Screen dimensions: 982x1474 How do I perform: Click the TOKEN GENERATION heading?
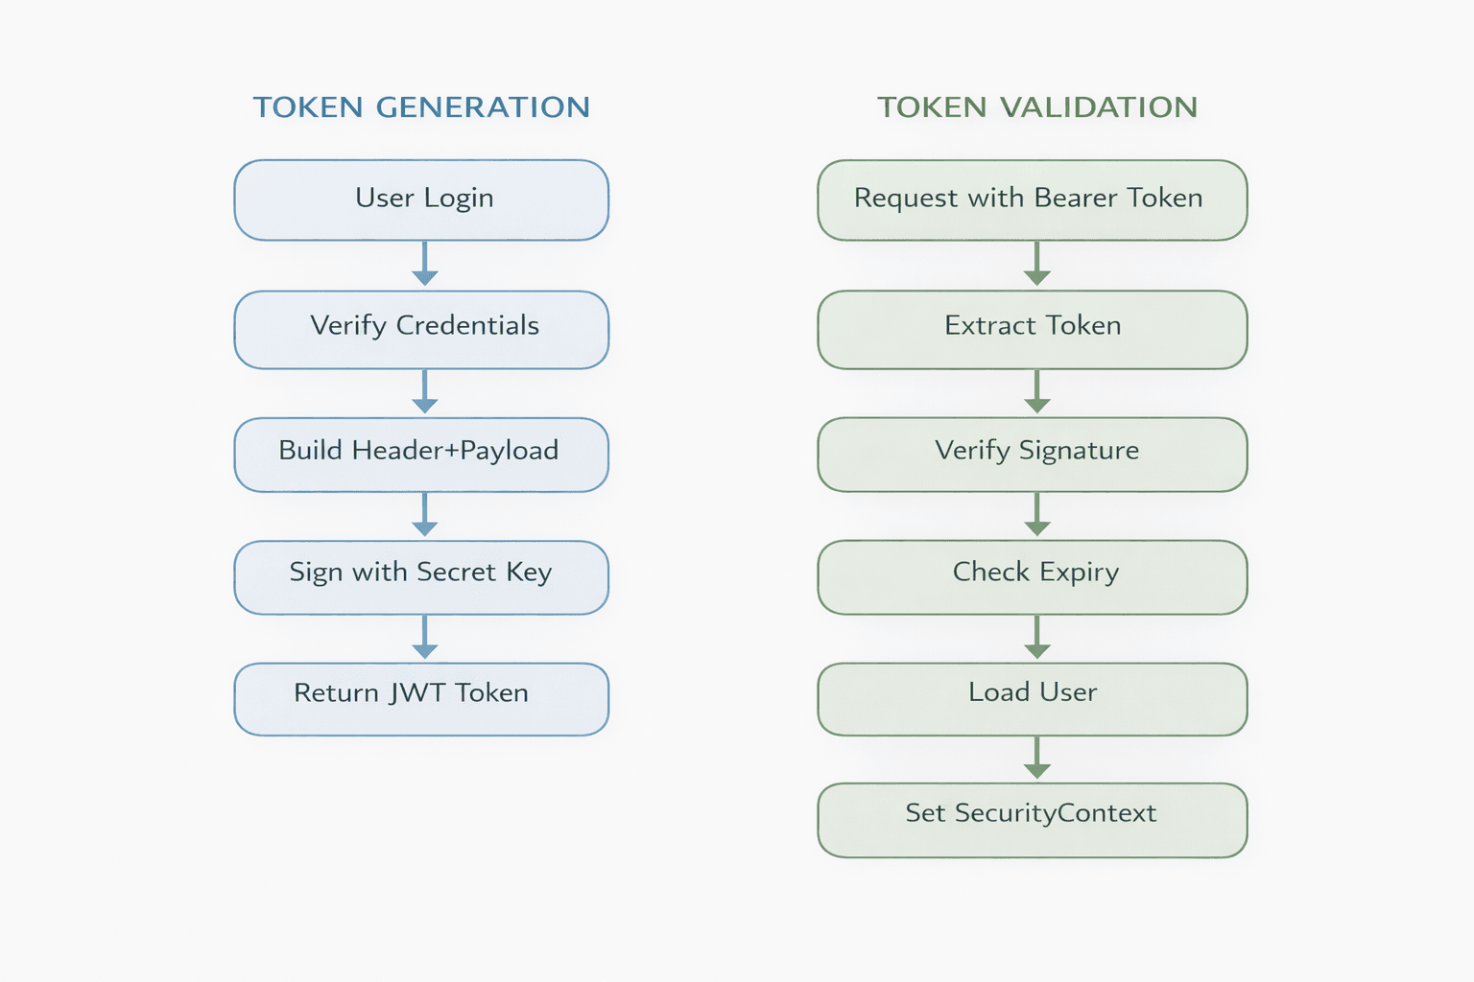(x=421, y=107)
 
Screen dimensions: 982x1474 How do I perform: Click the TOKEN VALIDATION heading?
(x=1037, y=107)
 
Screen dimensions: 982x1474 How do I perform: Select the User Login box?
(x=421, y=199)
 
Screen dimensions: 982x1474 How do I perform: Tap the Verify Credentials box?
(x=421, y=329)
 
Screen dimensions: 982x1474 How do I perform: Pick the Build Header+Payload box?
(x=421, y=454)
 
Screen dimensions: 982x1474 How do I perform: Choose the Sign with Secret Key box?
(x=421, y=576)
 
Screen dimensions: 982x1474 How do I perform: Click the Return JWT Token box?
(x=421, y=698)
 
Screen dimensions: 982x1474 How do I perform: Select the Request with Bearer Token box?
(x=1032, y=199)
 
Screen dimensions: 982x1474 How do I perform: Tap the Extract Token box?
(x=1032, y=329)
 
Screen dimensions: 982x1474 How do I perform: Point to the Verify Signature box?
(x=1032, y=454)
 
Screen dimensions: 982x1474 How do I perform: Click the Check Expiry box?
(x=1032, y=576)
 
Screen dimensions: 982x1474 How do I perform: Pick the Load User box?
(x=1032, y=698)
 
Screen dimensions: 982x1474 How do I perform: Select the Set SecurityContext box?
(x=1032, y=819)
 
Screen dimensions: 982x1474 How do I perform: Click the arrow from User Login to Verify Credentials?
(x=425, y=264)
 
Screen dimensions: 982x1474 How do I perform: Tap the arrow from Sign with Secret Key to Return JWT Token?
(x=425, y=638)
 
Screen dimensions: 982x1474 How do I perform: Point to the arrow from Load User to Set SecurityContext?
(x=1036, y=759)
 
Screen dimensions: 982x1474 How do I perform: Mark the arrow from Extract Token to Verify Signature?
(x=1036, y=392)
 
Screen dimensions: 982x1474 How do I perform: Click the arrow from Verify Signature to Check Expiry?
(x=1036, y=515)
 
